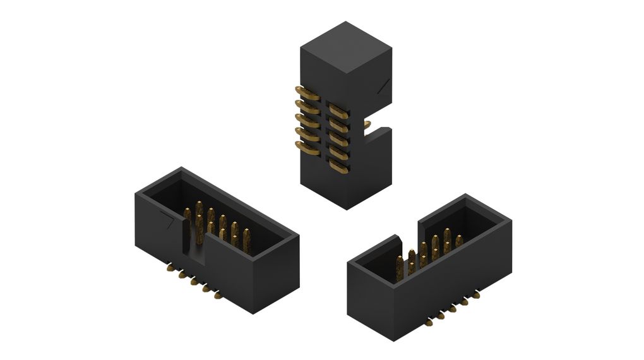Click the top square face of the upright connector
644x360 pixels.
345,48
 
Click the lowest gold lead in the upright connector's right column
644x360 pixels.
340,166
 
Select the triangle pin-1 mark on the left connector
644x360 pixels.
168,222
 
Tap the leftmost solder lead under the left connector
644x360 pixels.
169,268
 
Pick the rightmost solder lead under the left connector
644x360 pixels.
218,295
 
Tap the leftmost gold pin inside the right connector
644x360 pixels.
399,268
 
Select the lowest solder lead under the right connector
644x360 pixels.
429,323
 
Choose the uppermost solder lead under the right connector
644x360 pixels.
476,294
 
